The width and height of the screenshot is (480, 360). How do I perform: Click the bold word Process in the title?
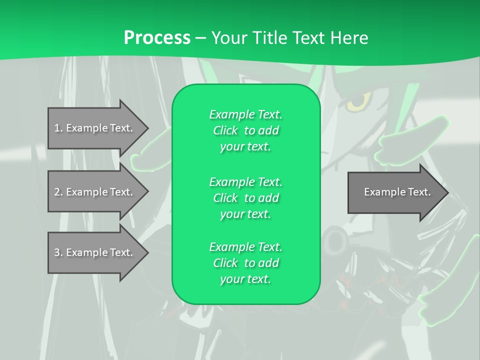(x=157, y=38)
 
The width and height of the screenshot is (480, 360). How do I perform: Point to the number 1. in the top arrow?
(x=58, y=128)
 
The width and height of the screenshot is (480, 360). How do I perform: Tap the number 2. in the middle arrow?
(x=58, y=192)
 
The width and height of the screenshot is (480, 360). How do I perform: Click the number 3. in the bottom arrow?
(x=58, y=252)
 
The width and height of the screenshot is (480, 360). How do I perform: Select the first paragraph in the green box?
(x=245, y=130)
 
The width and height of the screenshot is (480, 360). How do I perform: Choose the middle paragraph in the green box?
(x=245, y=198)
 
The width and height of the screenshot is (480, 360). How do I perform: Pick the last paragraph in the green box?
(x=245, y=263)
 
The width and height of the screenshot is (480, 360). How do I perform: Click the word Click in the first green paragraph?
(x=225, y=130)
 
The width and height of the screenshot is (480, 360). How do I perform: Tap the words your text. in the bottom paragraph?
(x=245, y=279)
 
